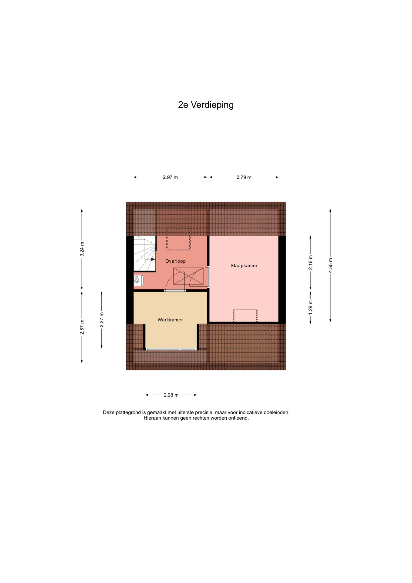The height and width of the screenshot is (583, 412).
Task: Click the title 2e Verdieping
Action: [x=206, y=105]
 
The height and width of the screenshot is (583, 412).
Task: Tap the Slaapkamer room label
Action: [x=244, y=266]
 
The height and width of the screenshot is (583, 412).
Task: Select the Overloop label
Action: [x=175, y=261]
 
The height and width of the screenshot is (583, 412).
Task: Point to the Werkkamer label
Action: [x=170, y=320]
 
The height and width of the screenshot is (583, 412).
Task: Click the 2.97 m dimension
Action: [x=170, y=177]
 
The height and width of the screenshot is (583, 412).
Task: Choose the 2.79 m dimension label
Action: [x=244, y=177]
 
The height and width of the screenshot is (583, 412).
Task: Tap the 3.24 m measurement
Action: [x=82, y=249]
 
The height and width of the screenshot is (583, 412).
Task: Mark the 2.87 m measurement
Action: [x=82, y=327]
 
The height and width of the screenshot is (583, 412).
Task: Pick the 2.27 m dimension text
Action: [x=102, y=320]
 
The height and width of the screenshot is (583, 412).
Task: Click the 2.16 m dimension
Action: [x=310, y=262]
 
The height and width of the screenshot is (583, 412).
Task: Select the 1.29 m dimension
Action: [x=310, y=307]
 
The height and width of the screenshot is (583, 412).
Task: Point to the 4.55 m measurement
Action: [x=330, y=265]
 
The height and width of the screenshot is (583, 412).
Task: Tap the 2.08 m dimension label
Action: [x=171, y=395]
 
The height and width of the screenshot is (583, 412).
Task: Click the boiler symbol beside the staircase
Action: [x=138, y=280]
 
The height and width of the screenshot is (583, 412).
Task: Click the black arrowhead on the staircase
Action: [x=153, y=259]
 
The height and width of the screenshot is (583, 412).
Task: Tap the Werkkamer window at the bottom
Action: [x=171, y=349]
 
